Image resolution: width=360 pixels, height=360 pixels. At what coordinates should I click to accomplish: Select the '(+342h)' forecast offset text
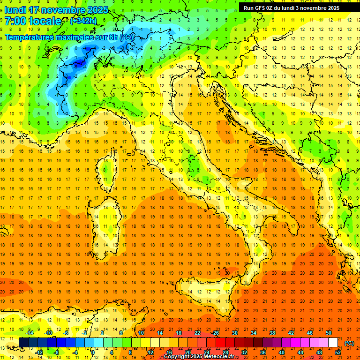[83, 21]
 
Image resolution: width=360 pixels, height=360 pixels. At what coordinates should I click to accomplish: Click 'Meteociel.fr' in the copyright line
[218, 357]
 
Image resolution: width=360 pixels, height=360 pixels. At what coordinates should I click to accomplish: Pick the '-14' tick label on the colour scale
[30, 333]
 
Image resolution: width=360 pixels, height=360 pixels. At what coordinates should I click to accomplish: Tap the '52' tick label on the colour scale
[338, 352]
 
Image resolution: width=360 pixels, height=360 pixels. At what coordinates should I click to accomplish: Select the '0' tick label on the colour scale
[93, 352]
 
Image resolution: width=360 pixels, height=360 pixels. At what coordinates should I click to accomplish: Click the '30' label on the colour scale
[234, 333]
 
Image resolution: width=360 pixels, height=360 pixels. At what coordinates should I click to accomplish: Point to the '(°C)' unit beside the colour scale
[349, 343]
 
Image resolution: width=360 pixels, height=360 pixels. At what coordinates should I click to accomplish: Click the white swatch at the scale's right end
[333, 343]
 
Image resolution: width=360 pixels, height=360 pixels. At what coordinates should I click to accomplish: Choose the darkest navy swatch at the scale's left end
[23, 343]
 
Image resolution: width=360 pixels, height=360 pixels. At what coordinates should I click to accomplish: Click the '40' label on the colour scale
[281, 352]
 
